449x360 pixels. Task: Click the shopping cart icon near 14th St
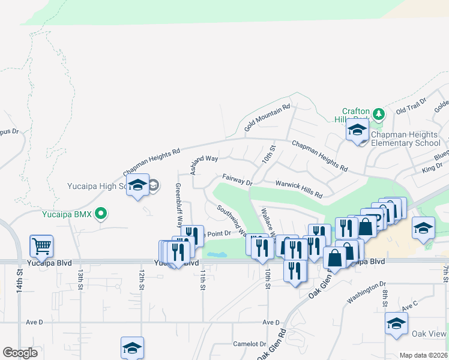pos(41,245)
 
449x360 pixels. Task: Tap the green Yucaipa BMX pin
pos(101,212)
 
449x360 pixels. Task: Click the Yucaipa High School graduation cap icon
pos(137,185)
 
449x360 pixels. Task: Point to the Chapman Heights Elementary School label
pos(406,139)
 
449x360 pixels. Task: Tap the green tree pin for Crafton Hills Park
pos(378,113)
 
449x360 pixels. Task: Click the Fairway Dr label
pos(237,179)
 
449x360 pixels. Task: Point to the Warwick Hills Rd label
pos(298,189)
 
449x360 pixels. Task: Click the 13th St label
pos(80,280)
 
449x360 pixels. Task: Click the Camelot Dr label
pos(249,344)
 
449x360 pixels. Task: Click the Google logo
pos(20,353)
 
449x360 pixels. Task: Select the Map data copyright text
pos(423,355)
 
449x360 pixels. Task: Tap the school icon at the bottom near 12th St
pos(133,347)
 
